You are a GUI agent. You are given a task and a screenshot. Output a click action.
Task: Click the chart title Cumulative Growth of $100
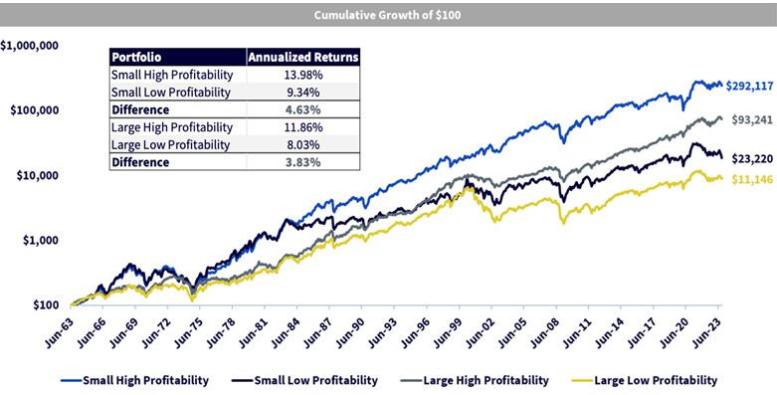387,15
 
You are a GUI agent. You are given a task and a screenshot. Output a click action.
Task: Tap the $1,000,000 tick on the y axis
30,46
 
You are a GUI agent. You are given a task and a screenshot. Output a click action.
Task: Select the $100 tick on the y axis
46,305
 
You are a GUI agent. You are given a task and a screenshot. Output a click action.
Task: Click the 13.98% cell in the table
302,75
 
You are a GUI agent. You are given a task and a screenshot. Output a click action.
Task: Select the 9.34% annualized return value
302,93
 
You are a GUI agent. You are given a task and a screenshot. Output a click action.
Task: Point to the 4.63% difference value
302,109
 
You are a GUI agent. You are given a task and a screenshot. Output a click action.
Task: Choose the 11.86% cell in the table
302,127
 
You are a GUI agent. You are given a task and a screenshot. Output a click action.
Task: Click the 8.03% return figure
302,144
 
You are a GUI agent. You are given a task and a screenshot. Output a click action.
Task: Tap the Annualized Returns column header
303,58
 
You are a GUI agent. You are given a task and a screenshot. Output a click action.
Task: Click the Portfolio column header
136,58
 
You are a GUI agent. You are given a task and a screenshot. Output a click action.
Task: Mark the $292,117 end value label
749,86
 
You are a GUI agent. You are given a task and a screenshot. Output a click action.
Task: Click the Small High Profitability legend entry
134,381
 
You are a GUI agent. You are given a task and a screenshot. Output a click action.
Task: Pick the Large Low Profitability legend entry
648,381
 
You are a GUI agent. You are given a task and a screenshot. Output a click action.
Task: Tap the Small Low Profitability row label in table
171,93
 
